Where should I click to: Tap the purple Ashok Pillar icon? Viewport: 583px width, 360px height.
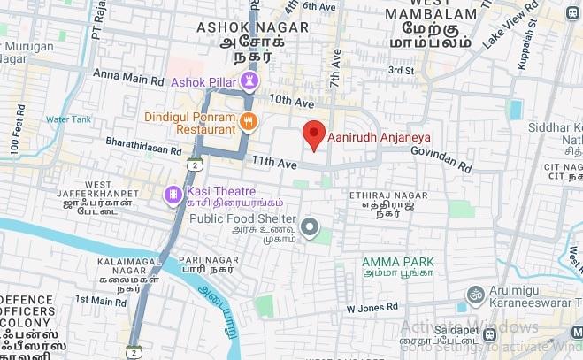click(x=251, y=82)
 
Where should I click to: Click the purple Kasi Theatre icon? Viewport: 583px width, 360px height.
click(x=171, y=194)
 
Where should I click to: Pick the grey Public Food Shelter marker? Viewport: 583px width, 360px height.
click(x=310, y=228)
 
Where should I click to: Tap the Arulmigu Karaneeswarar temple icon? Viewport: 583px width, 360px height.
click(x=475, y=293)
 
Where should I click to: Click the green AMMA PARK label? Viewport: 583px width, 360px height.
click(x=398, y=263)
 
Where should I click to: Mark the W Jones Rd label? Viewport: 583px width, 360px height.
click(x=372, y=308)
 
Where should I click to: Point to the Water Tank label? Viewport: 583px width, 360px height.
click(x=68, y=119)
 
